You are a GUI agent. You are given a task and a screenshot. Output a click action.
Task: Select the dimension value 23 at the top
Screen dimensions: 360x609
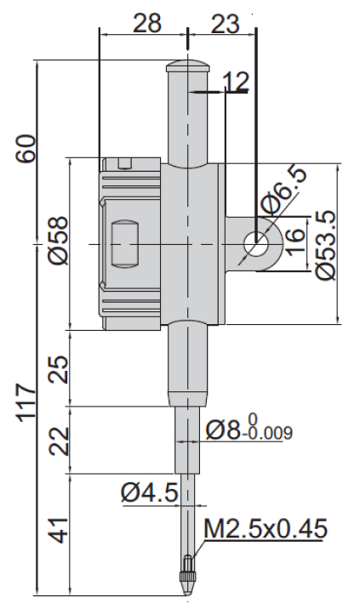(x=225, y=23)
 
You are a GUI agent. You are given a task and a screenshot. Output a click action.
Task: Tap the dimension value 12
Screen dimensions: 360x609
(x=236, y=82)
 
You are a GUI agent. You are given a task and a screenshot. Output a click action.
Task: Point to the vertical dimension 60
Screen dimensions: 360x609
(x=26, y=149)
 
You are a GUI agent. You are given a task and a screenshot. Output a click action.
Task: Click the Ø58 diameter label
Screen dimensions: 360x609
(x=58, y=241)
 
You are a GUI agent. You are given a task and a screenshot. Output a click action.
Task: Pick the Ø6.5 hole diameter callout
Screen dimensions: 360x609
(x=283, y=190)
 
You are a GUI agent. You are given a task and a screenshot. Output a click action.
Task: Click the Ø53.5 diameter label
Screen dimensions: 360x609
(x=325, y=244)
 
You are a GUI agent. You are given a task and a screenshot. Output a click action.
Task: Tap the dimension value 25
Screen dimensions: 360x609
(x=59, y=369)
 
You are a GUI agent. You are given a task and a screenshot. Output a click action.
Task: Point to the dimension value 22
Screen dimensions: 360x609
(x=59, y=441)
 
